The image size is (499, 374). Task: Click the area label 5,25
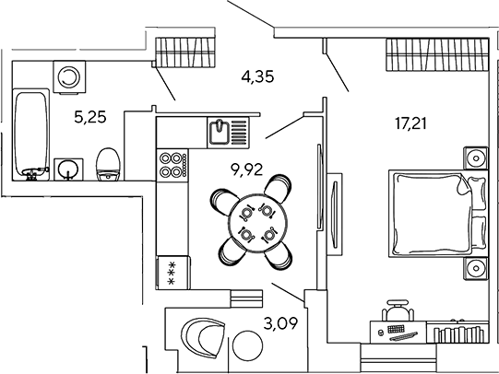coord(90,117)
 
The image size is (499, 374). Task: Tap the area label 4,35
coord(257,76)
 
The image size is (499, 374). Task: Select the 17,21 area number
coord(410,123)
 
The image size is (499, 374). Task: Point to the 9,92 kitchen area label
coord(247,169)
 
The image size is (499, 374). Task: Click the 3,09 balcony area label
coord(280,323)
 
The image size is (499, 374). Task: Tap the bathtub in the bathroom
coord(30,134)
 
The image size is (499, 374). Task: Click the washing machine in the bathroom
coord(69,77)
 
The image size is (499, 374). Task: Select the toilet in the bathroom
coord(108,164)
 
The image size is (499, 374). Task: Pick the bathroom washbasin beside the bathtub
coord(68,169)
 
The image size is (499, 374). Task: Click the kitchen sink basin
coord(220,132)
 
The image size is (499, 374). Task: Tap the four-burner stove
coord(172,165)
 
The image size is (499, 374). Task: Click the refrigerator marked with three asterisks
coord(172,273)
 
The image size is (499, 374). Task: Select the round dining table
coord(257,223)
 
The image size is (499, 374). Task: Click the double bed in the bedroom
coord(438,213)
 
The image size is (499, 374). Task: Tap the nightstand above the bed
coord(475,158)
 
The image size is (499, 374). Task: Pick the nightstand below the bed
coord(475,268)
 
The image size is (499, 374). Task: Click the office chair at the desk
coord(398,310)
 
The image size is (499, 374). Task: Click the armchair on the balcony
coord(202,338)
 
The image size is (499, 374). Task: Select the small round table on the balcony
coord(247,345)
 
